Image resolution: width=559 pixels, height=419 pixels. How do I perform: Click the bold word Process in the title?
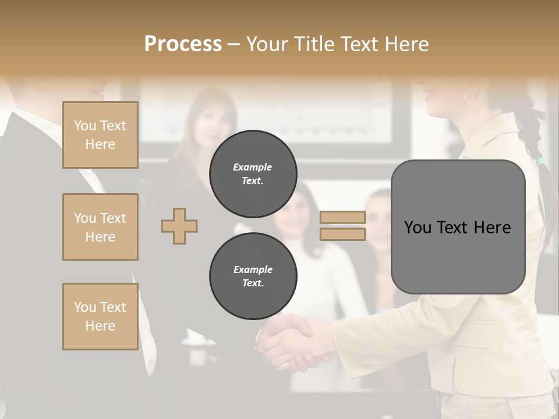coord(183,44)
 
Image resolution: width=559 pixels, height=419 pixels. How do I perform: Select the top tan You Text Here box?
coord(100,135)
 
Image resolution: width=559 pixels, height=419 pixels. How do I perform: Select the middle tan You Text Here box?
coord(100,227)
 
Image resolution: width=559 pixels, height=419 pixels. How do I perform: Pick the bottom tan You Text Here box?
coord(100,317)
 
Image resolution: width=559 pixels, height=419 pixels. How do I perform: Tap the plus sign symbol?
coord(179,225)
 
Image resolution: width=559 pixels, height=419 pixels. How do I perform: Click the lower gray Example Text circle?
coord(253,276)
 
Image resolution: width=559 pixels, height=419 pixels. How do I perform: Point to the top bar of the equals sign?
coord(342,218)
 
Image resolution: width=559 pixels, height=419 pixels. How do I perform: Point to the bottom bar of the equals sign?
coord(342,234)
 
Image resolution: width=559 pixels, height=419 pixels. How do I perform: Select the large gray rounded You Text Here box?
coord(458,227)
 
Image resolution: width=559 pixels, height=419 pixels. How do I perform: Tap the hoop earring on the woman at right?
coord(469,98)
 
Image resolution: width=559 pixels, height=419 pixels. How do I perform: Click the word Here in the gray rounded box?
coord(492,228)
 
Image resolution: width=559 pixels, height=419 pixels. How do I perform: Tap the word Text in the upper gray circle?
coord(252,180)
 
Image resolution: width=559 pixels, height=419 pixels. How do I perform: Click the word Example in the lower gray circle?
coord(253,269)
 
